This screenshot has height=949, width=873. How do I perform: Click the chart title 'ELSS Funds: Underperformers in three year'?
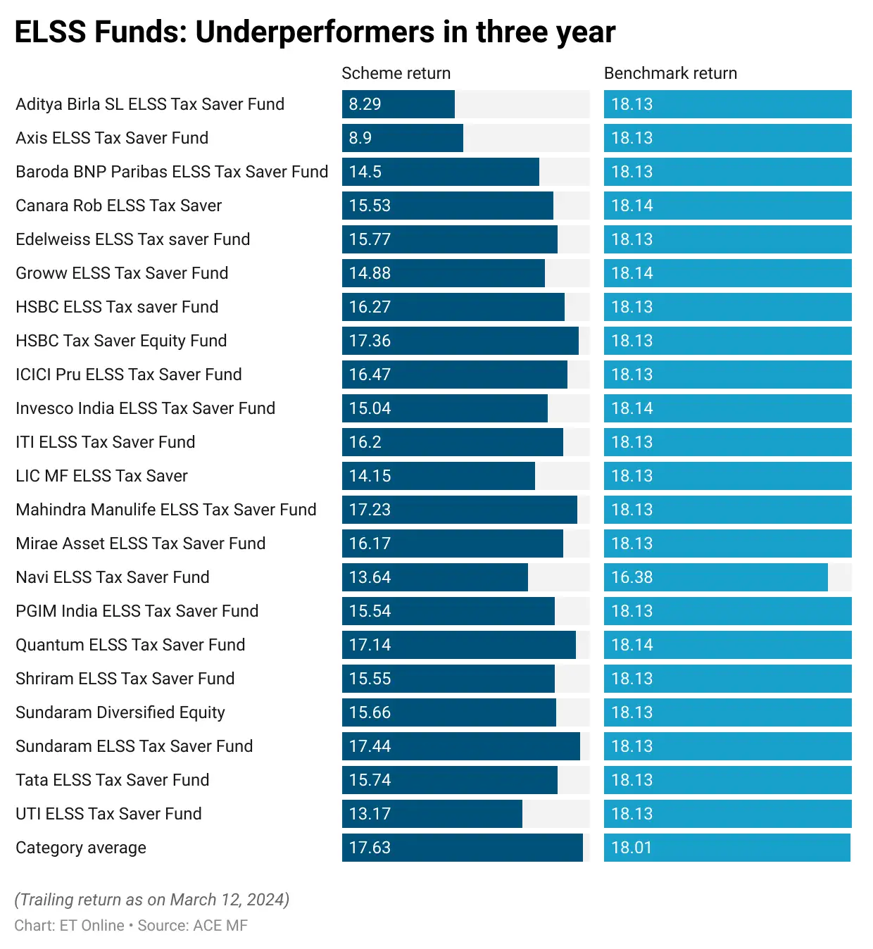[315, 32]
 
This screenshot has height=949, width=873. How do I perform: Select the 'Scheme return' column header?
[396, 73]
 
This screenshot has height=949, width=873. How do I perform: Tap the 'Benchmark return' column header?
[670, 73]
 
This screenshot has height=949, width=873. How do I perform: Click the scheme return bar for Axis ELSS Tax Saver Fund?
[403, 138]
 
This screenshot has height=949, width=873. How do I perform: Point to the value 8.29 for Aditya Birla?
[365, 104]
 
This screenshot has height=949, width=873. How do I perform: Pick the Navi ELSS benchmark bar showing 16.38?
[715, 577]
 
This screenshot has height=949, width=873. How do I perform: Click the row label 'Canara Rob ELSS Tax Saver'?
[118, 206]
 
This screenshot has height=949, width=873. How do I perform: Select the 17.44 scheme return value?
[370, 746]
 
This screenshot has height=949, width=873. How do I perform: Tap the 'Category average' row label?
[81, 848]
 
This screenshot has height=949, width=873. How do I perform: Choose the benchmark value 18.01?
[632, 848]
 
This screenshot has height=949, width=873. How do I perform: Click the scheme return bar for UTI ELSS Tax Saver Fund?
[432, 814]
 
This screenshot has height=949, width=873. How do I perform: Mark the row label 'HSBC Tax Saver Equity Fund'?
[121, 341]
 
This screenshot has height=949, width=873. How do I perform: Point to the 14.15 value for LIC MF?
[370, 476]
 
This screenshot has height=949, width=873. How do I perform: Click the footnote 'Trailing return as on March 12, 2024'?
[152, 900]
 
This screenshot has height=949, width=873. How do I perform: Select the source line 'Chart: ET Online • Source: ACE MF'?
[131, 926]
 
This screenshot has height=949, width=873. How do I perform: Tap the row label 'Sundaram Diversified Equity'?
[120, 712]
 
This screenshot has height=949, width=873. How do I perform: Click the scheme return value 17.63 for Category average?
[370, 848]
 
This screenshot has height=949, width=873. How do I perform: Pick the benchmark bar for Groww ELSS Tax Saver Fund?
[727, 273]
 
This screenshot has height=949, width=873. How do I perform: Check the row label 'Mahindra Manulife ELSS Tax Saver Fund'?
[166, 510]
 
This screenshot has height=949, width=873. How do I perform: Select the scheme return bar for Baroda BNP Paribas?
[441, 172]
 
